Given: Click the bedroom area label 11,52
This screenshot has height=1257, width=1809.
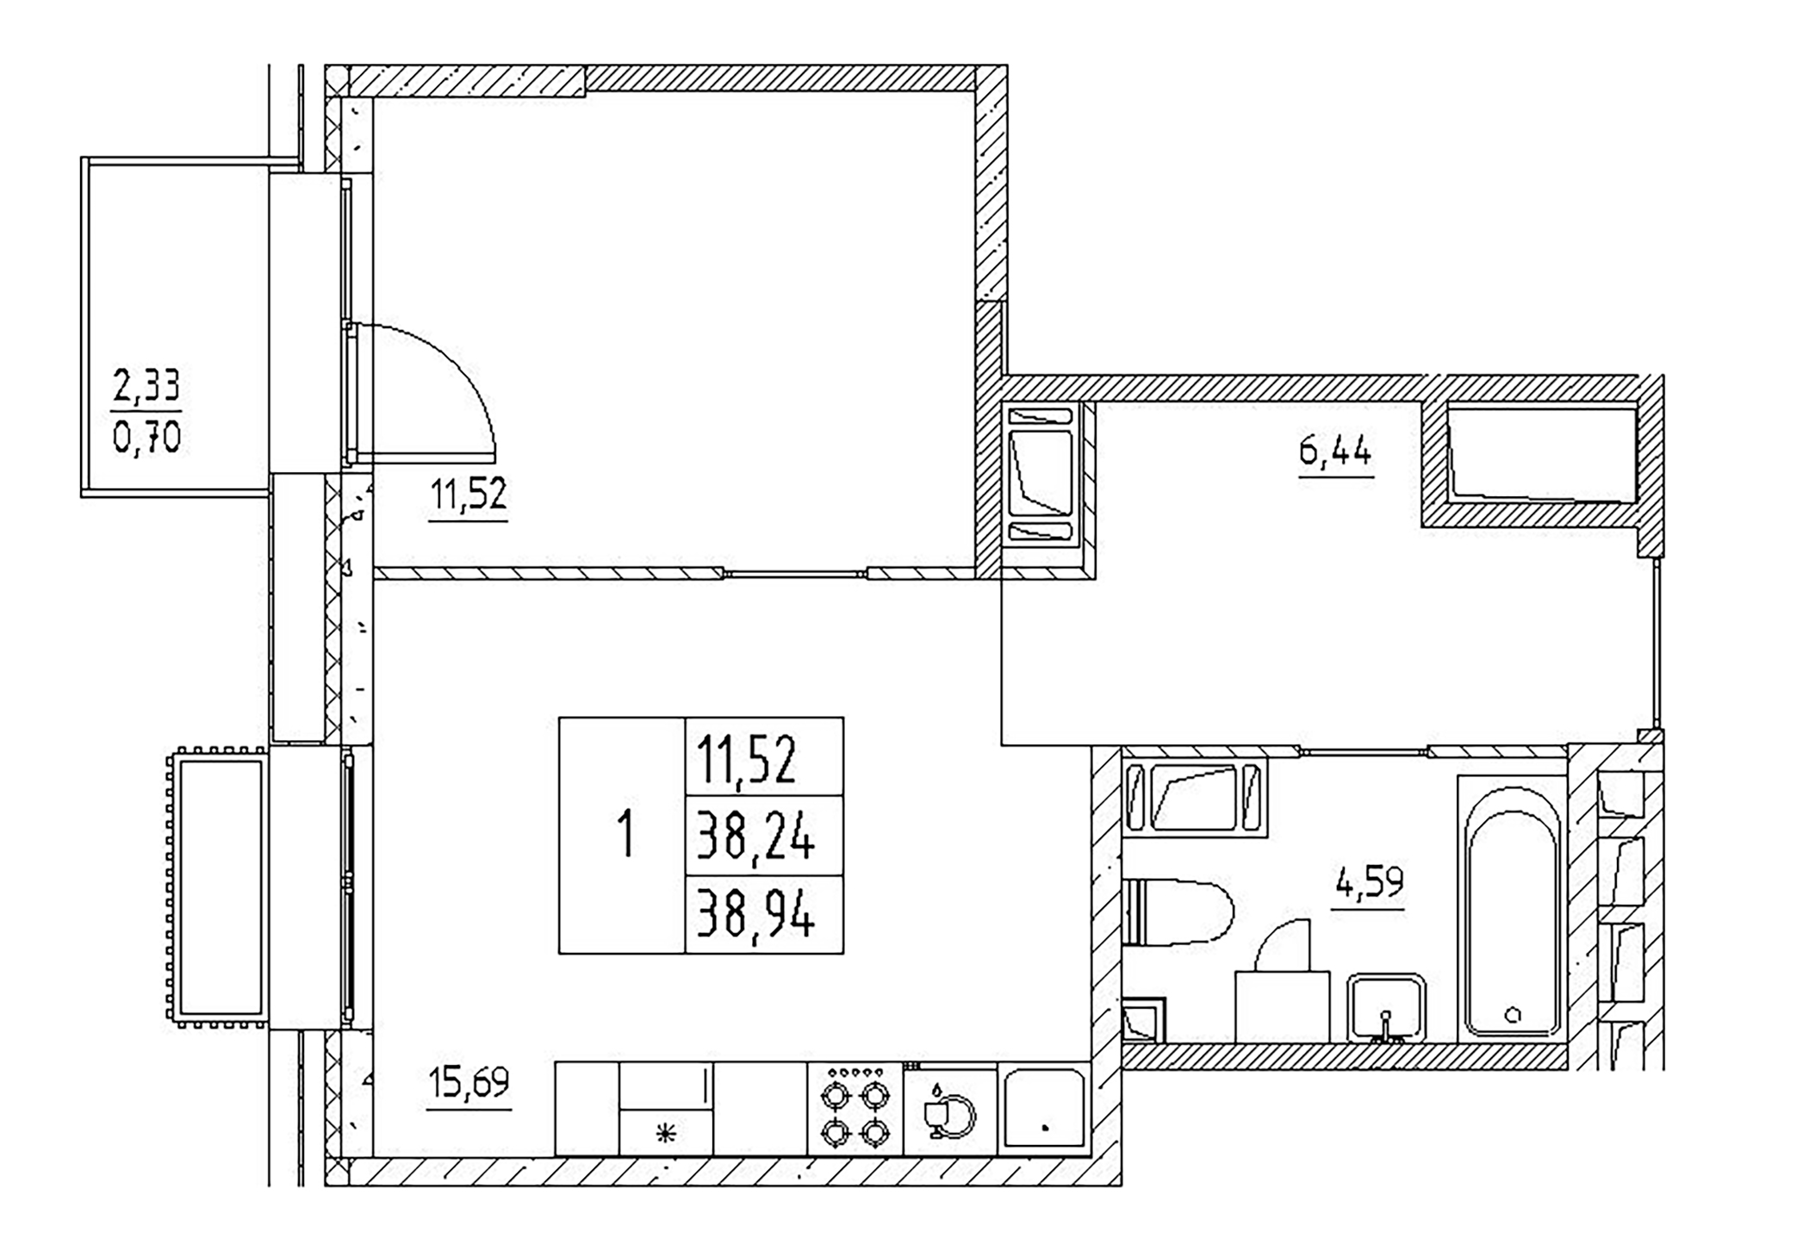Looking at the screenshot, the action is point(469,495).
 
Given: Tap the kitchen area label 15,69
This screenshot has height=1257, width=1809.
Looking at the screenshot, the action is point(469,1082).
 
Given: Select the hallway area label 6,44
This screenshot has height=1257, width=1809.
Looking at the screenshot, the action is point(1335,451).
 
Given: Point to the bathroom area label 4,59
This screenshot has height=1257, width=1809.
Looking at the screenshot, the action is point(1368,883).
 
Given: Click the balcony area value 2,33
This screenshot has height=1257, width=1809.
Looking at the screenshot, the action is point(146,385).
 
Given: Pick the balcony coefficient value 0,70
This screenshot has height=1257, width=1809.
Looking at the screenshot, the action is point(146,439).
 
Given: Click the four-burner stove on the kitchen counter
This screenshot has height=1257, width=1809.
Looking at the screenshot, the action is point(855,1109).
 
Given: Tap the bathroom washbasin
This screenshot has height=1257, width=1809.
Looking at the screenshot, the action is point(1386,1008).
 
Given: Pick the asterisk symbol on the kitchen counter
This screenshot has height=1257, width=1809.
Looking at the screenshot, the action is point(666,1134).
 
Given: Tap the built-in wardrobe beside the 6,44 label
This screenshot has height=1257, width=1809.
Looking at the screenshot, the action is point(1542,454).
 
